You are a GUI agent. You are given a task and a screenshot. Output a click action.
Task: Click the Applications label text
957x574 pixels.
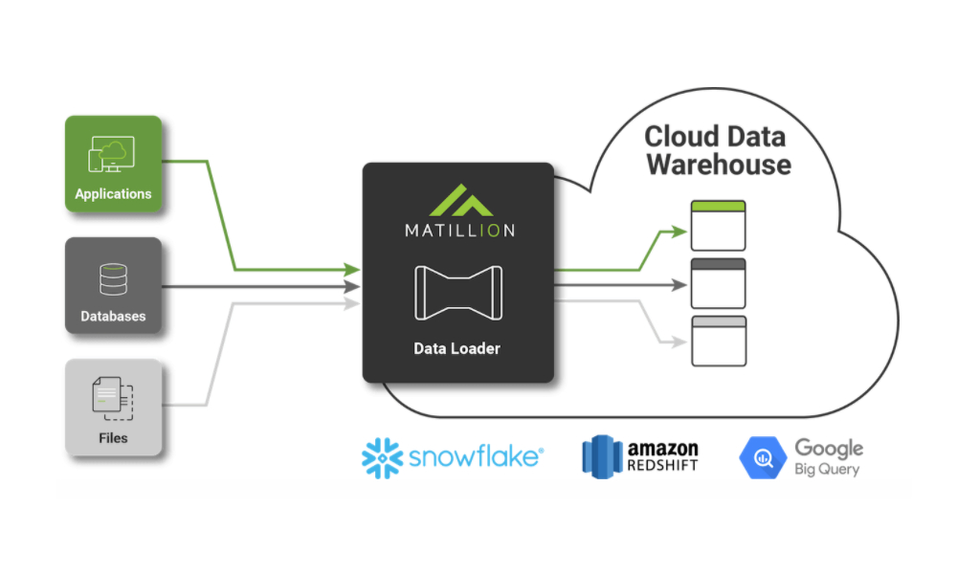[113, 194]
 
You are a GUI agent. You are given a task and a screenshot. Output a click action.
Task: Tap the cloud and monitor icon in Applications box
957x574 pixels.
[112, 154]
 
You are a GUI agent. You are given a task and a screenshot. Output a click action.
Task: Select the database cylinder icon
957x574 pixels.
[114, 279]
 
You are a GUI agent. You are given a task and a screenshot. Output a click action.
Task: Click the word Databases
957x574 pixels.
[113, 316]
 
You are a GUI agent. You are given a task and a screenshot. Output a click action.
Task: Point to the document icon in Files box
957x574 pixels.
[113, 398]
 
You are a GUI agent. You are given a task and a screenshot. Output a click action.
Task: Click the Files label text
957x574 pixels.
[113, 438]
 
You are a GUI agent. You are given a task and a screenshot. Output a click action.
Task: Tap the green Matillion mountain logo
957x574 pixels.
[461, 200]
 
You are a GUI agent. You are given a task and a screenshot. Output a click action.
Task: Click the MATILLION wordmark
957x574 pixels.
[460, 230]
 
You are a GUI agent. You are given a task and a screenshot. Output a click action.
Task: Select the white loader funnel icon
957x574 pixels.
[458, 293]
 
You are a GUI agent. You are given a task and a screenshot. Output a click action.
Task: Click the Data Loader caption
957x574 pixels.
[457, 348]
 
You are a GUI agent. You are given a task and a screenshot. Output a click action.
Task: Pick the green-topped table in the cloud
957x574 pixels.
[719, 226]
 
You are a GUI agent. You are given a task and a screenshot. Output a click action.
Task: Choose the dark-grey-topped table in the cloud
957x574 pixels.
[719, 283]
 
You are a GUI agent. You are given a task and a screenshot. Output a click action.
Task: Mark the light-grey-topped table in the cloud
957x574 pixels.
[719, 341]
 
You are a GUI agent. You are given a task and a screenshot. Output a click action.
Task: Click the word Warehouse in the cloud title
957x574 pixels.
[719, 165]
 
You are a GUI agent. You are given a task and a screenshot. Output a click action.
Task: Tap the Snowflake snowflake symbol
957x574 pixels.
[382, 458]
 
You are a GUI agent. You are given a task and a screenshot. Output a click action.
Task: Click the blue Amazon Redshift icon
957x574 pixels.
[602, 456]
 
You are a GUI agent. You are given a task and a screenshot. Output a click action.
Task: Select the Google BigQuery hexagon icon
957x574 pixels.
[763, 457]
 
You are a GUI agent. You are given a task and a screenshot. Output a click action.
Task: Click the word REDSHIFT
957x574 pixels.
[663, 466]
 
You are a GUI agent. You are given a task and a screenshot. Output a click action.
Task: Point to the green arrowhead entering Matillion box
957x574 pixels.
[352, 269]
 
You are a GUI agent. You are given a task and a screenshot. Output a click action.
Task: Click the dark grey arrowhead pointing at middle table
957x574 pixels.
[679, 285]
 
